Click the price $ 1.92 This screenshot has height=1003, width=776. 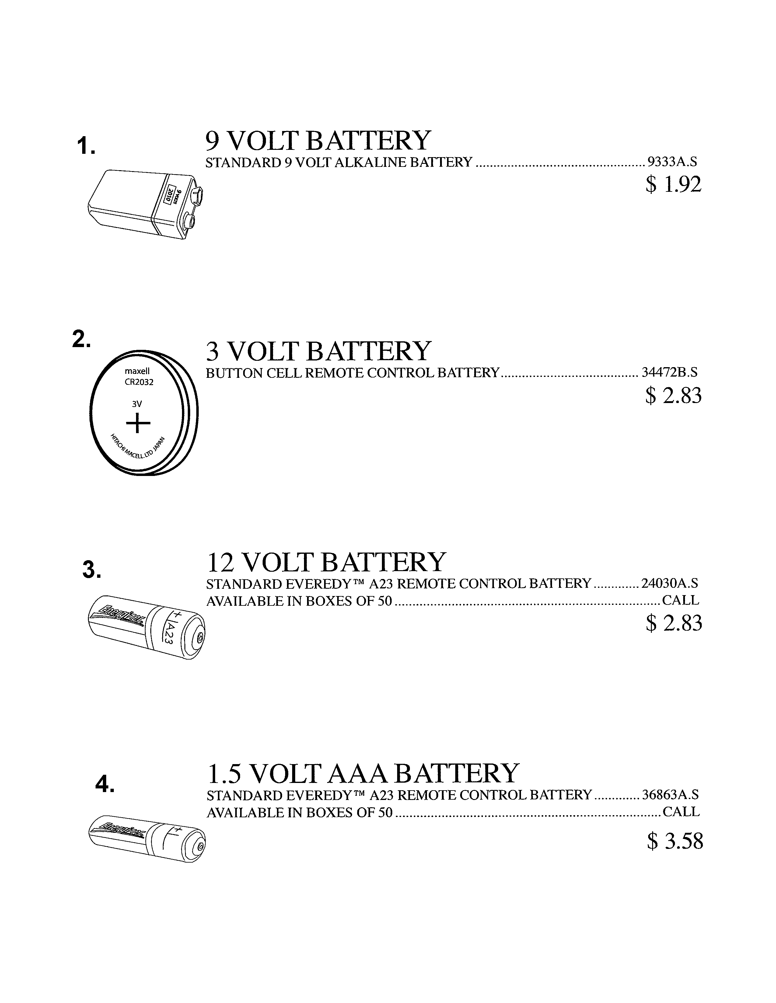pyautogui.click(x=673, y=184)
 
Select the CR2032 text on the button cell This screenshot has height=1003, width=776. pyautogui.click(x=139, y=382)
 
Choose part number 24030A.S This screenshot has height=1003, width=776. pyautogui.click(x=669, y=583)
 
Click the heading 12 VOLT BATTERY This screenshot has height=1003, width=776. pyautogui.click(x=327, y=562)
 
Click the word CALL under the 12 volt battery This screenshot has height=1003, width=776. pyautogui.click(x=680, y=600)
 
